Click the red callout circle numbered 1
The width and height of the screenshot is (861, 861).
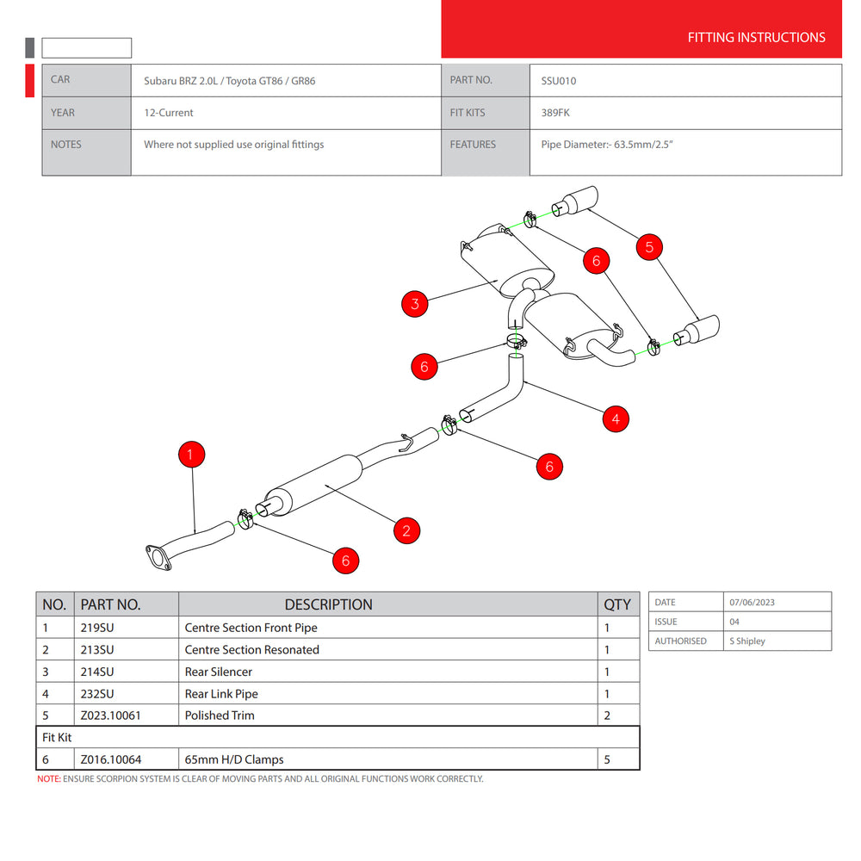coord(191,455)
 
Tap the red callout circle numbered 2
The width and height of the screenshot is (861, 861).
coord(406,530)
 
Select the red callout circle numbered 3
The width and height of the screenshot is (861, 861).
coord(415,303)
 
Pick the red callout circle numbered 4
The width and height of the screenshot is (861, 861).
coord(615,419)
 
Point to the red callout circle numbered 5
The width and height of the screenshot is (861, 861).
coord(649,247)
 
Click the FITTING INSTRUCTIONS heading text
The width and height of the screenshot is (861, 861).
coord(756,37)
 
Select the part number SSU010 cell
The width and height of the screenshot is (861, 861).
coord(559,81)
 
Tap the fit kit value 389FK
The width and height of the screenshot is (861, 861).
coord(555,113)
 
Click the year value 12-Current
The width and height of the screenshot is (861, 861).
coord(169,113)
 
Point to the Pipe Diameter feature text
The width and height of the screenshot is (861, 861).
coord(606,145)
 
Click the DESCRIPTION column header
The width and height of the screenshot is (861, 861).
coord(328,604)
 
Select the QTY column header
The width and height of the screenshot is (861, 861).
coord(617,604)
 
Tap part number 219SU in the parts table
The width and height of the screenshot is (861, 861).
coord(97,628)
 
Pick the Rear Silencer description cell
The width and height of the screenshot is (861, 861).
coord(219,672)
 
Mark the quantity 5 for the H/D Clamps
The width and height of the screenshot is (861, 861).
coord(608,759)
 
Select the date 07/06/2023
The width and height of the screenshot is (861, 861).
coord(752,602)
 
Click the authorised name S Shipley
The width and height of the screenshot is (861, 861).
coord(746,641)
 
